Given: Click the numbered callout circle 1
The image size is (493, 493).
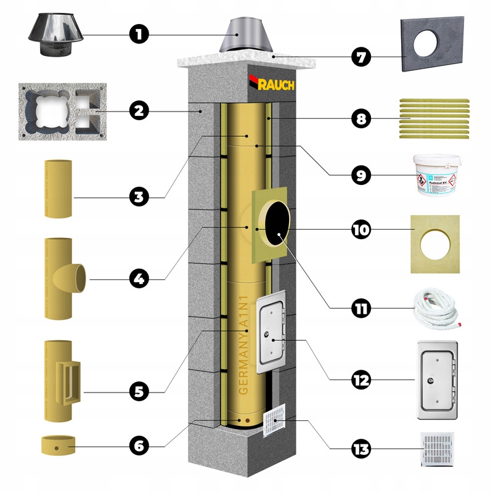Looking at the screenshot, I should click(139, 34).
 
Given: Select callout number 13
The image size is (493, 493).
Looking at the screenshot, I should click(361, 449).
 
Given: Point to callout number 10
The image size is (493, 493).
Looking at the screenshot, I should click(361, 230).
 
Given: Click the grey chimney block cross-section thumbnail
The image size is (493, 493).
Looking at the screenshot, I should click(60, 111).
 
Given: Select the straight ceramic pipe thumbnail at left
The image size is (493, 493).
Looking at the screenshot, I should click(59, 189).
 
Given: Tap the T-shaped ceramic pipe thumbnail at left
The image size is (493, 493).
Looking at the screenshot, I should click(62, 279).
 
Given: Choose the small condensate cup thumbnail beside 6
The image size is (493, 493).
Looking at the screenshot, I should click(57, 445).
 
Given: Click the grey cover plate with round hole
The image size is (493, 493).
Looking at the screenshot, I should click(431, 44).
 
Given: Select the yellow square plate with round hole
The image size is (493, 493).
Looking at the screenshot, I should click(434, 243).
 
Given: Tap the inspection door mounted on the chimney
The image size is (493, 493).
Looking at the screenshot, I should click(269, 333).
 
